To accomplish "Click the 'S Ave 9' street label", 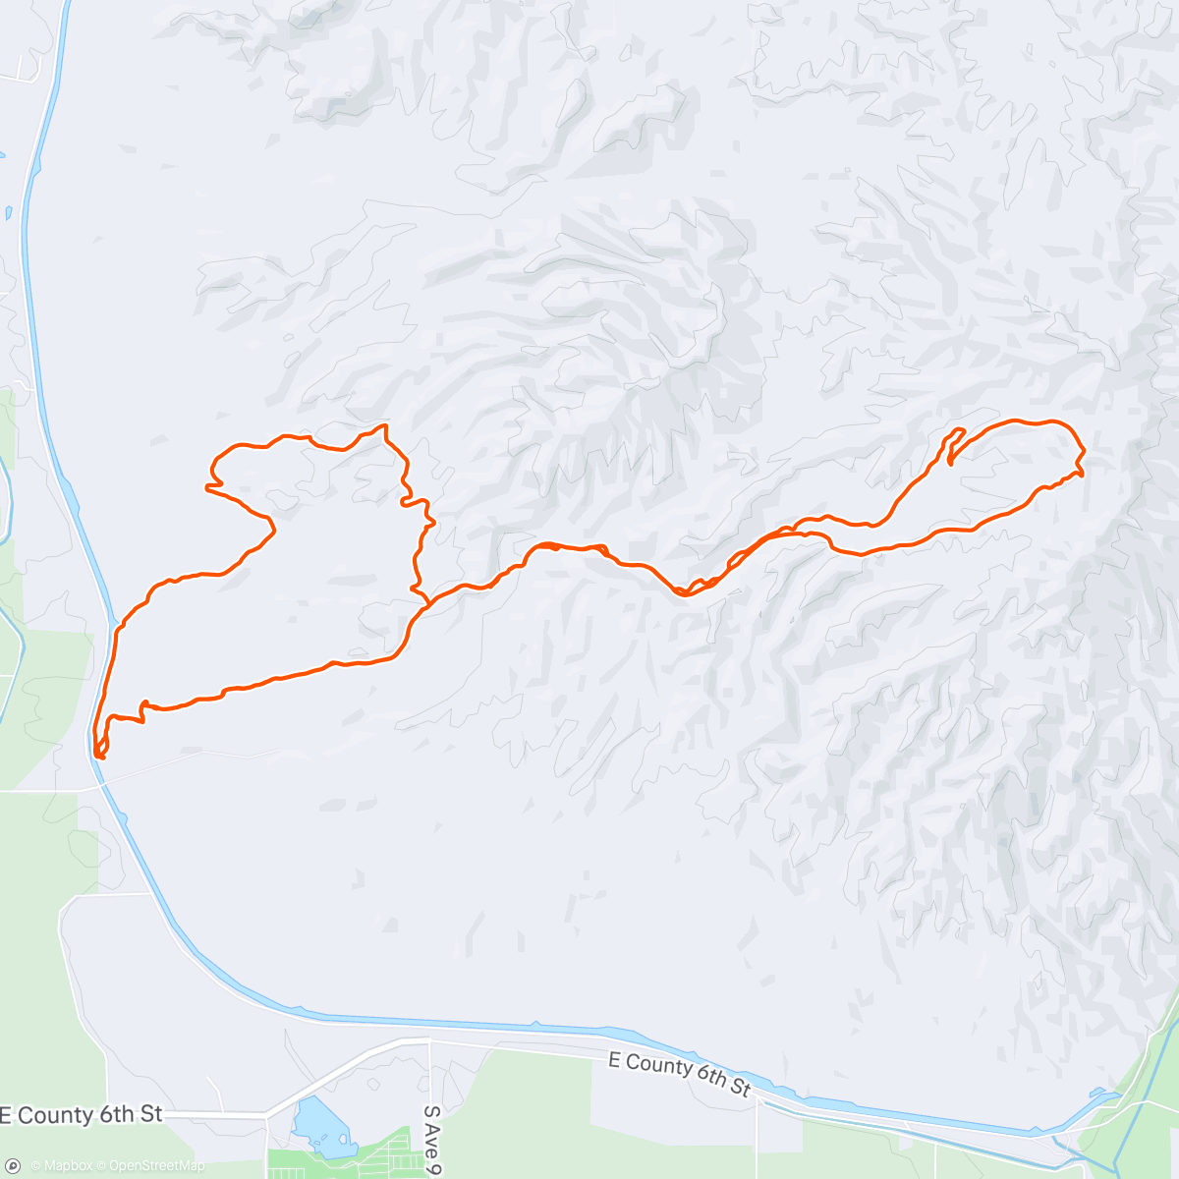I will coord(431,1141).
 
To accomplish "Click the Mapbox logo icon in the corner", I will coord(15,1166).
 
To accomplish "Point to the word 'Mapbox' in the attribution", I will coord(67,1166).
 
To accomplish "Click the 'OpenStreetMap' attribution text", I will coord(157,1166).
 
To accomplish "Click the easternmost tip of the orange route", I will coord(1082,454).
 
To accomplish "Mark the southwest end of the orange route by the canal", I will coord(98,755).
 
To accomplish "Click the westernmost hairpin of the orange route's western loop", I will coord(207,485).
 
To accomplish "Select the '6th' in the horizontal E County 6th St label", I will coord(120,1114).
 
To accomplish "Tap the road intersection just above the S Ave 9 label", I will coord(429,1039).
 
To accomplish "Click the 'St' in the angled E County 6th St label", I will coord(740,1088).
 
